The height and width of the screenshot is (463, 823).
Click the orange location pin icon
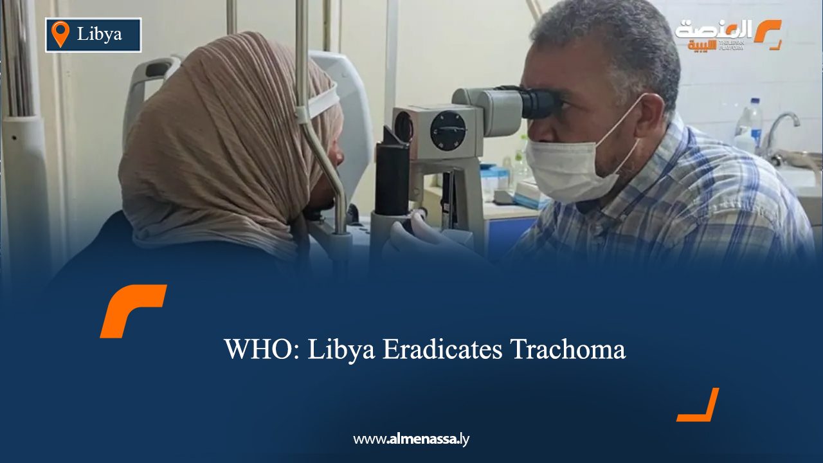[x=60, y=33]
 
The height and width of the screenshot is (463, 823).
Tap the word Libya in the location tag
[x=100, y=34]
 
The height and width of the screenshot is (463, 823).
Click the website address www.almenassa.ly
[x=411, y=439]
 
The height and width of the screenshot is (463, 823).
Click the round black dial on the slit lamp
[x=448, y=131]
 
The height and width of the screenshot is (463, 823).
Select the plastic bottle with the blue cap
[x=750, y=122]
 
